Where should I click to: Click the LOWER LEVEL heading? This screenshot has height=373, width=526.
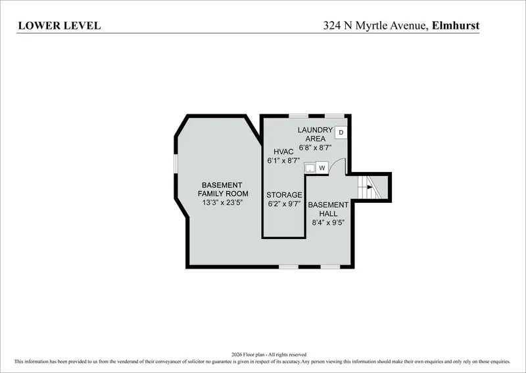point(59,26)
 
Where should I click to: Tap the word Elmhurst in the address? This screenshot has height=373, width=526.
point(456,26)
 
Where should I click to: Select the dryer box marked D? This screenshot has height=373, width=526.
point(341,133)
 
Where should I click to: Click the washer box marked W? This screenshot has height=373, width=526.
point(322,167)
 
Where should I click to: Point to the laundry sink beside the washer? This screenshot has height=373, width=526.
point(310,167)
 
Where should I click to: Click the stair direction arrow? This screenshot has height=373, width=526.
point(370,187)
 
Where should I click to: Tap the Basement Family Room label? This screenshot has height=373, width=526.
point(223,189)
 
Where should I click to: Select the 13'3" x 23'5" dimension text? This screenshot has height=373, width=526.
point(222,202)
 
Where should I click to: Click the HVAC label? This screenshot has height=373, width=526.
point(283,152)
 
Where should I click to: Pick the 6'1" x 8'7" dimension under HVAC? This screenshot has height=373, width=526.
point(283,160)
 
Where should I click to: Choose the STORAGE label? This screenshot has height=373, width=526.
point(284,195)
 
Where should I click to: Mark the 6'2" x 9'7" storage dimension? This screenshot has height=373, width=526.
point(284,204)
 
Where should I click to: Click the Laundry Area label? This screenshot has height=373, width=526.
point(316,134)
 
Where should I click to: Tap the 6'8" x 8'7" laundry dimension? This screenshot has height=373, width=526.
point(316,147)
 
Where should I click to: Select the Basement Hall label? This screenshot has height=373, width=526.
point(328,209)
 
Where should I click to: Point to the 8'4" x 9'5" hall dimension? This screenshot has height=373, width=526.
point(328,223)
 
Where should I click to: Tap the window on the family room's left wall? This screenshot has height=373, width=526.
point(176,164)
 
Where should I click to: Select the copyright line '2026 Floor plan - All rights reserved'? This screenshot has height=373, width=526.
point(269,354)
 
